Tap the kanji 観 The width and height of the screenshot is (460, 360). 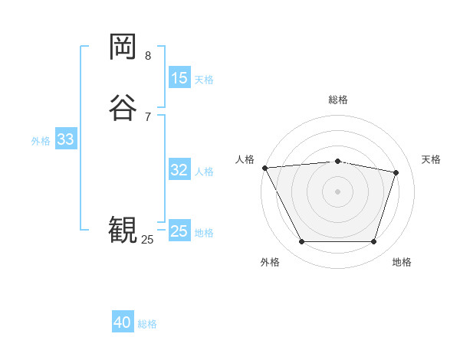click(123, 230)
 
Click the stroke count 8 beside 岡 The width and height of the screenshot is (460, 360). click(148, 56)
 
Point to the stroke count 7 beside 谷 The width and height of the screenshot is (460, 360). click(148, 116)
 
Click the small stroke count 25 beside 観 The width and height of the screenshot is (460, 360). click(147, 240)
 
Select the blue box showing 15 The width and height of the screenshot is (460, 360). click(179, 78)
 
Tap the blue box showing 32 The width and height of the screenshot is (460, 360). click(179, 170)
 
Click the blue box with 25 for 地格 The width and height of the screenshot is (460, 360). click(179, 231)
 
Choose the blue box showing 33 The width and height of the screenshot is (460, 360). click(65, 139)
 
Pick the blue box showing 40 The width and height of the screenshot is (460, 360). click(123, 323)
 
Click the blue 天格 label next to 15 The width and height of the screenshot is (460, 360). click(204, 79)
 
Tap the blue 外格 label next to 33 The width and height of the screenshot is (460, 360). click(41, 140)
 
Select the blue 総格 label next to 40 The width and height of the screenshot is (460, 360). click(147, 324)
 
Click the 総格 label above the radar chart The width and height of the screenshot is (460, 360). click(337, 100)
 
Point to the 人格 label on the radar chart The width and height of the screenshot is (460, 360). click(245, 159)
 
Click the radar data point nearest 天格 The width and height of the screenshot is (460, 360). click(396, 172)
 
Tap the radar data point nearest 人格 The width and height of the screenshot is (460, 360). click(264, 168)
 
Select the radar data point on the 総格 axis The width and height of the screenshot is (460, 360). click(337, 161)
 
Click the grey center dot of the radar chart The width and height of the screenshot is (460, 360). click(337, 191)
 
